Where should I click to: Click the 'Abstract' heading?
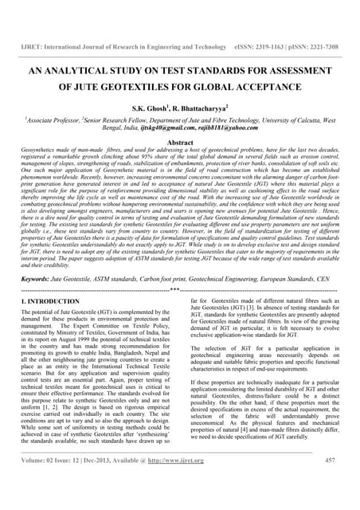(x=180, y=141)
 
